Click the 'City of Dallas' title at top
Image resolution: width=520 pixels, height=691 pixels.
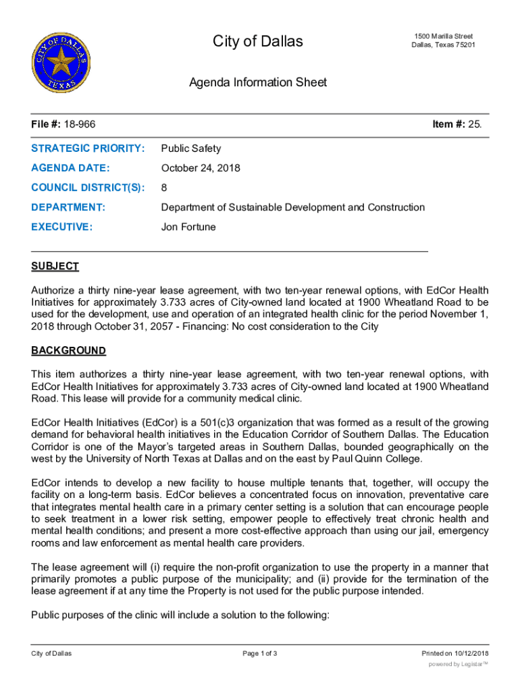click(258, 42)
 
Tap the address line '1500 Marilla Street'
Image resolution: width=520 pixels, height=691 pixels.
click(443, 36)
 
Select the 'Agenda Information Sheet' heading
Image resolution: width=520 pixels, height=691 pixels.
click(258, 82)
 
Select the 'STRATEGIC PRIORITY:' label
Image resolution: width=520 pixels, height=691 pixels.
click(88, 148)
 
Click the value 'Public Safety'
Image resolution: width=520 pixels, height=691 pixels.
click(190, 148)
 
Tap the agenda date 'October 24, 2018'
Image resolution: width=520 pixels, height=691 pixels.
click(200, 168)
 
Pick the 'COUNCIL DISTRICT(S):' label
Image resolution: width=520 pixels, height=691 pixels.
click(88, 188)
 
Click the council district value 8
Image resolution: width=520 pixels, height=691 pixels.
click(164, 188)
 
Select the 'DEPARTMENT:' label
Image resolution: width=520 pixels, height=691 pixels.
click(68, 207)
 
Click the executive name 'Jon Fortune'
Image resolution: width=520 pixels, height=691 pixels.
click(188, 227)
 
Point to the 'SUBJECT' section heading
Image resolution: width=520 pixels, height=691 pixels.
click(55, 266)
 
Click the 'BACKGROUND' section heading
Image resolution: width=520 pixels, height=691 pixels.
click(69, 351)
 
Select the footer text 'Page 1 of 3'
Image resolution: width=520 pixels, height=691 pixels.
click(259, 653)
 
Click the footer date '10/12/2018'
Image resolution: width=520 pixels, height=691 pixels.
click(471, 653)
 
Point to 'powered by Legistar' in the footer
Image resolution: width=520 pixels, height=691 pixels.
click(458, 664)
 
